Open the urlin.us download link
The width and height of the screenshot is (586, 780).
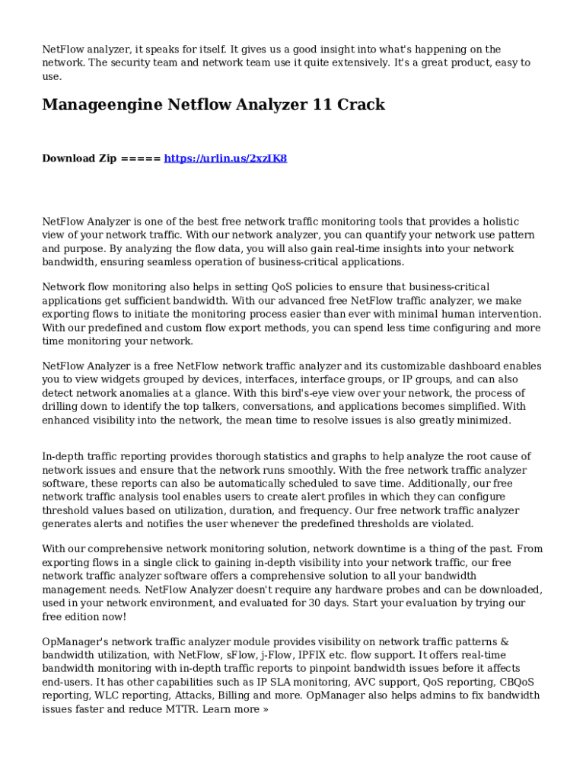pyautogui.click(x=225, y=158)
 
